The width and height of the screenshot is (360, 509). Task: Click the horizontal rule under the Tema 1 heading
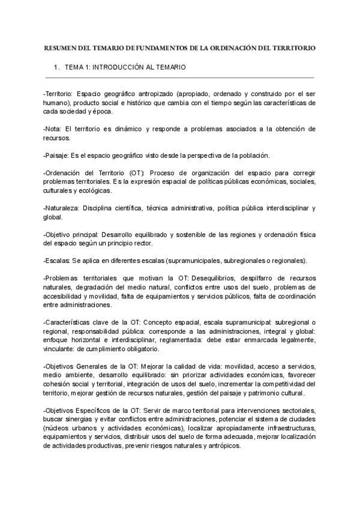tap(179, 78)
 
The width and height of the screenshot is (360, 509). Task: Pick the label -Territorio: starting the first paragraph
tap(58, 94)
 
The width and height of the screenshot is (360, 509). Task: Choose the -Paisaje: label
tap(56, 155)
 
